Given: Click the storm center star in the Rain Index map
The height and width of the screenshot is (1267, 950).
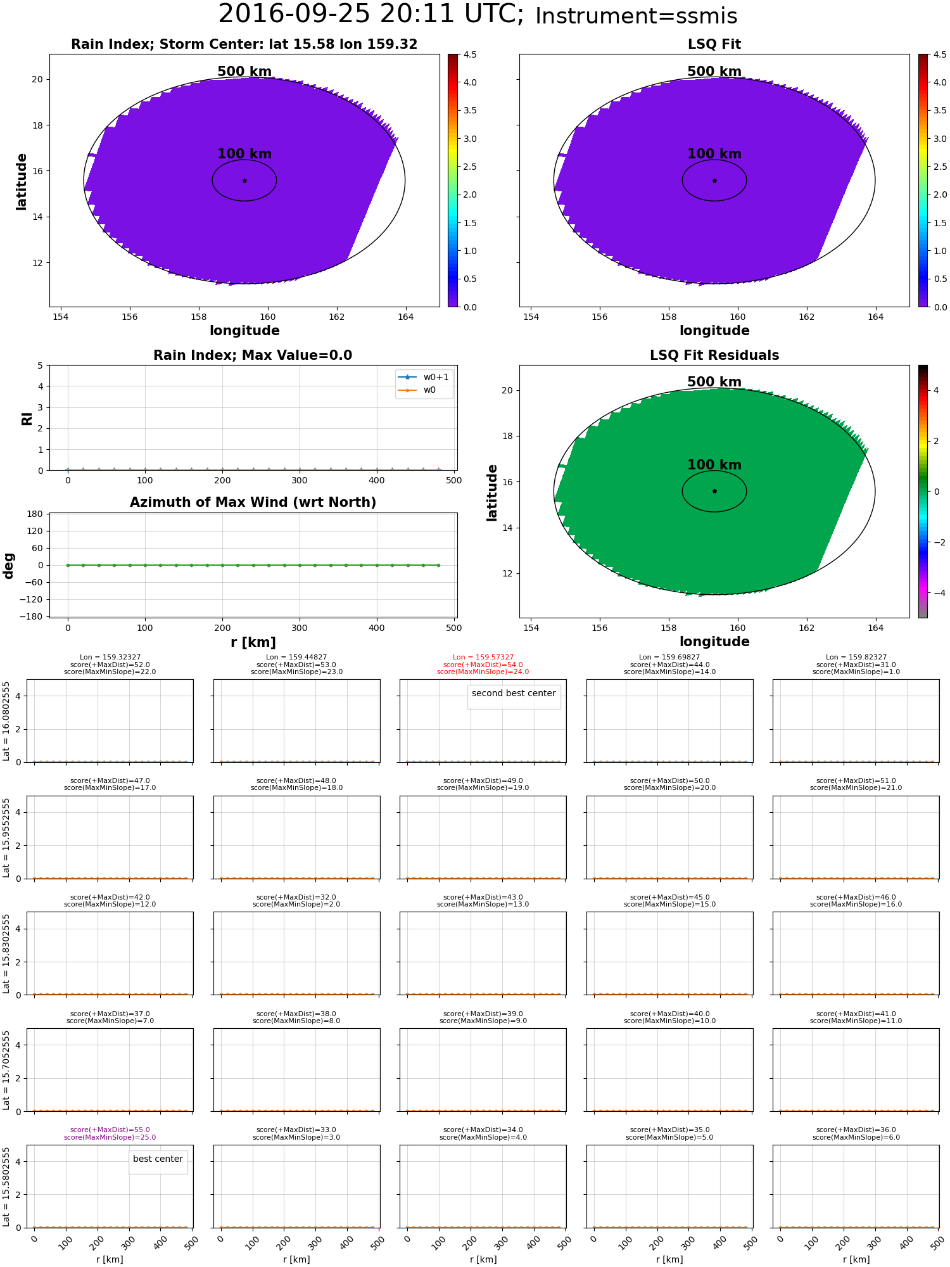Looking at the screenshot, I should coord(244,181).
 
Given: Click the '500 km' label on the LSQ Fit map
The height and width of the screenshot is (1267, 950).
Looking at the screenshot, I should coord(714,72).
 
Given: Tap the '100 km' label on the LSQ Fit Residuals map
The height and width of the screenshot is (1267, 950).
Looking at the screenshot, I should coord(714,465).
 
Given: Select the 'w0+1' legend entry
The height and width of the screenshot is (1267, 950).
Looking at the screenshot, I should coord(436,377).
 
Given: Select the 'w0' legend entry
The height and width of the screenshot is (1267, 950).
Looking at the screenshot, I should coord(429,390).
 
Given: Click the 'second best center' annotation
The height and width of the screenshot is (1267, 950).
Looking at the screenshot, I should coord(514,693).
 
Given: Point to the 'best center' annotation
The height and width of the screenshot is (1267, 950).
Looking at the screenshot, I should coord(158,1159).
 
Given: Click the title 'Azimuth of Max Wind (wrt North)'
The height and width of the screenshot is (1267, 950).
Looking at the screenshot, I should coord(253,502).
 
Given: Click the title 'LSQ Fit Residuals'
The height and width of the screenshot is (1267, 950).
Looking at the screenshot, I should coord(714,355).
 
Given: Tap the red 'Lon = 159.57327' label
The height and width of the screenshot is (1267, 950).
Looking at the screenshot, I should coord(483,658).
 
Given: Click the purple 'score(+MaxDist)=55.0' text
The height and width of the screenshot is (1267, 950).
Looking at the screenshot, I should coord(110,1130).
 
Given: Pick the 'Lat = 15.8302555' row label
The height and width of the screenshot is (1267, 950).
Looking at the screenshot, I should coord(6,953).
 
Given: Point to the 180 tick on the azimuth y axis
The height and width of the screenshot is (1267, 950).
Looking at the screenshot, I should coord(35,514).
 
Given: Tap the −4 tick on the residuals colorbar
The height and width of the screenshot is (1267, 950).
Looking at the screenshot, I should coord(940,593).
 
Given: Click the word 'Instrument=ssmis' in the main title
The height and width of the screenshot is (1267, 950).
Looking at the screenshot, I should coord(636,16).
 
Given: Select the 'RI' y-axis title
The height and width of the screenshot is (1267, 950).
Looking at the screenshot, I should coord(27,418).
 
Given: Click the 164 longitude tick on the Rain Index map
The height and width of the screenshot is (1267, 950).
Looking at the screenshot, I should coord(405,317).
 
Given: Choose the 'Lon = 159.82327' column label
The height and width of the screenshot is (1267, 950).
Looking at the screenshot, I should coord(856,658).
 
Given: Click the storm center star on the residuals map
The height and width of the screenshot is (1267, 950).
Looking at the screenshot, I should coord(714,491).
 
